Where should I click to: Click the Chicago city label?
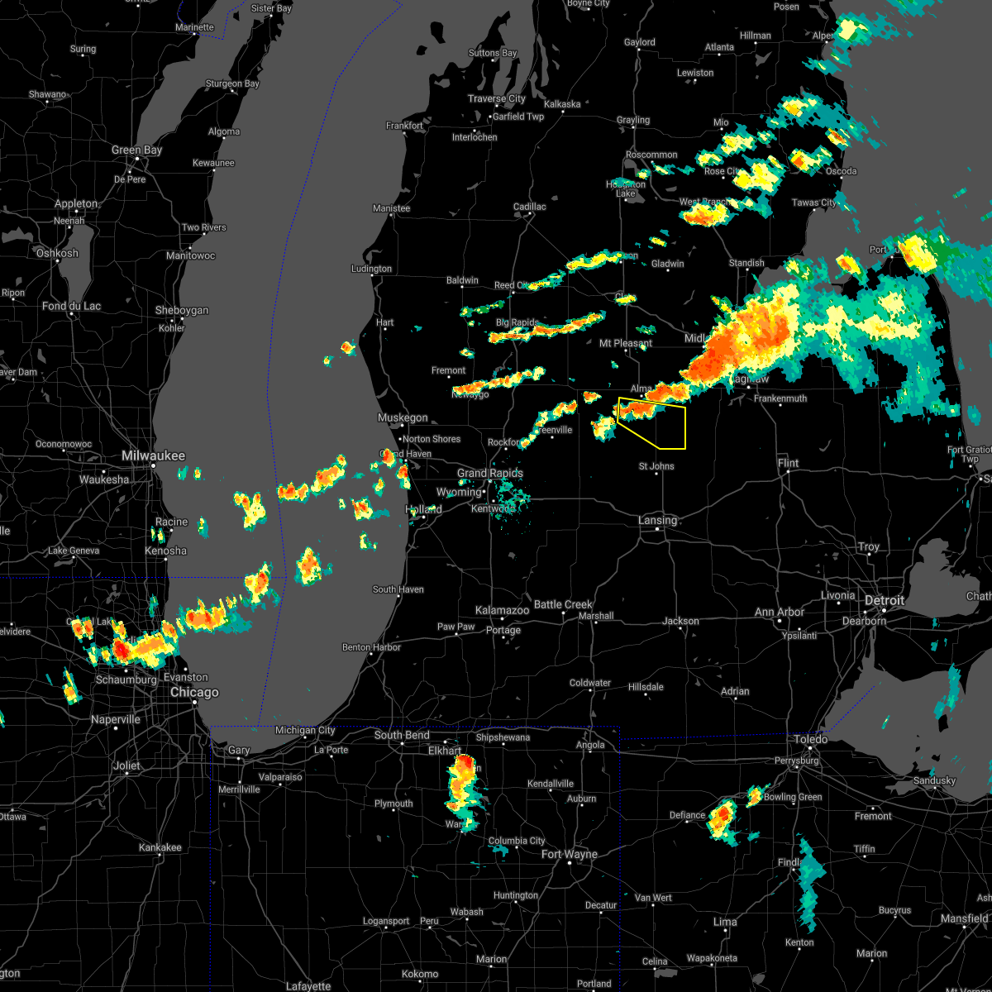[x=194, y=693]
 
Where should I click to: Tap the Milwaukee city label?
[x=153, y=456]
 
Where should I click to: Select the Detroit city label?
[x=885, y=601]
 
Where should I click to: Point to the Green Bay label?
[x=137, y=150]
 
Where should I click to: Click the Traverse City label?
[x=496, y=99]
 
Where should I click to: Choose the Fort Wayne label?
[x=569, y=855]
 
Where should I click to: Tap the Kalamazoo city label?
[x=502, y=611]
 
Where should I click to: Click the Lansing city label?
[x=658, y=521]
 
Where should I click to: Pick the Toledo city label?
[x=810, y=739]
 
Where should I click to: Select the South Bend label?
[x=402, y=736]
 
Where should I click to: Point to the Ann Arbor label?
[x=779, y=613]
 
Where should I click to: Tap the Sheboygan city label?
[x=182, y=311]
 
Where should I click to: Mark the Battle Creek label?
[x=563, y=605]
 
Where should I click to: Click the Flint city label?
[x=788, y=463]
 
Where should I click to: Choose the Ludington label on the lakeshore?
[x=371, y=269]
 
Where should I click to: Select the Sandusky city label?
[x=936, y=780]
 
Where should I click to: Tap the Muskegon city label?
[x=403, y=418]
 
